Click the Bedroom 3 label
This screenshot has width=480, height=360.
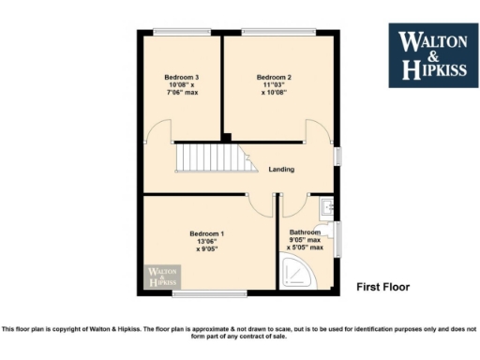[x=183, y=77]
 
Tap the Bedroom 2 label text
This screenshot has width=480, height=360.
[x=276, y=77]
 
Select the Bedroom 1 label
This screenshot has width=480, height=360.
[x=206, y=232]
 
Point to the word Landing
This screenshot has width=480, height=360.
[x=281, y=170]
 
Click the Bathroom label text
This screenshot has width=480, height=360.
[x=305, y=232]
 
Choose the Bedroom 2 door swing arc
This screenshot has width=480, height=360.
[x=318, y=131]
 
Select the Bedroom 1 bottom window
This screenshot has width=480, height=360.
[x=208, y=295]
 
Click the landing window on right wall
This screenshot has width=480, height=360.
[x=338, y=155]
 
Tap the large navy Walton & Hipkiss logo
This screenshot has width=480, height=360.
[x=432, y=55]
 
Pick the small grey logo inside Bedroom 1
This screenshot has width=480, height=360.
[x=161, y=277]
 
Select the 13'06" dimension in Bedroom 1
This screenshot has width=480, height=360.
[x=206, y=241]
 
